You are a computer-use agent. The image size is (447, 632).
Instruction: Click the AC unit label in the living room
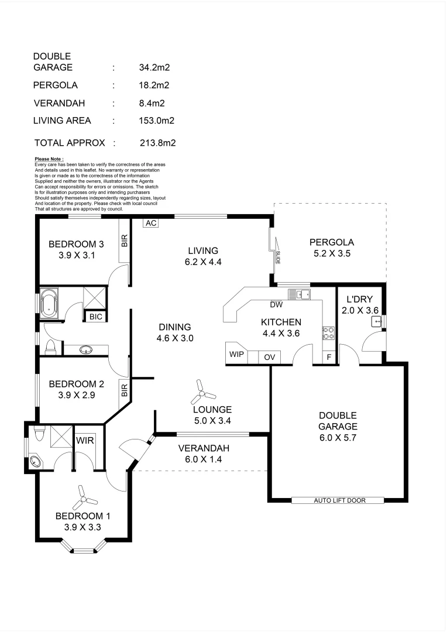tap(151, 223)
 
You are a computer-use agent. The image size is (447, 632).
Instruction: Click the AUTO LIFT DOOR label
tap(337, 500)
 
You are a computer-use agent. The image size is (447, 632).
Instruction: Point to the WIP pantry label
tap(236, 355)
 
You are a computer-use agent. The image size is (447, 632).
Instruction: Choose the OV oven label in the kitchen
tap(269, 357)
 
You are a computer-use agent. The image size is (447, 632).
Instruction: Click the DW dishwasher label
tap(277, 304)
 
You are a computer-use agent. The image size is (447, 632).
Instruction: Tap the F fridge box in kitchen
tap(329, 356)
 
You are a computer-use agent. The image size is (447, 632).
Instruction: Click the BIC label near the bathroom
tap(95, 317)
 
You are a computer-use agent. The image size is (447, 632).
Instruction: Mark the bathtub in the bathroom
tap(50, 304)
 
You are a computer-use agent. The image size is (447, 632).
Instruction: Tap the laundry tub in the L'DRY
tap(376, 321)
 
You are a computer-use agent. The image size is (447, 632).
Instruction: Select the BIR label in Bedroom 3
tap(124, 240)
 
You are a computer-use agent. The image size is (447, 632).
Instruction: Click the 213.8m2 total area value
tap(158, 143)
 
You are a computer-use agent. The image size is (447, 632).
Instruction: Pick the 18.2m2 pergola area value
tap(152, 85)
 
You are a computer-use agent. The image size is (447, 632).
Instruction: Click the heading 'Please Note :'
tap(49, 159)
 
